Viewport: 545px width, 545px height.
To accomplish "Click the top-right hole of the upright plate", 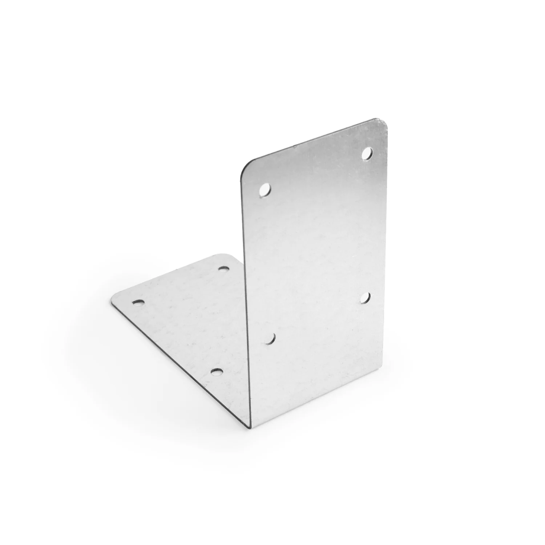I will [367, 153].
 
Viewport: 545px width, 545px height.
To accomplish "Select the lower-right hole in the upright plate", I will [366, 298].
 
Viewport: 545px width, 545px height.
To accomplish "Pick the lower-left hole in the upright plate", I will [269, 339].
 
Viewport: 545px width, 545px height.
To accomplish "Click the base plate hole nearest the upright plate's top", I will [224, 269].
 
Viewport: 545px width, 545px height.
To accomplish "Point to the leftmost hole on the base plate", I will [137, 302].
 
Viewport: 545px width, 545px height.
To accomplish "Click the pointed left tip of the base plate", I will [112, 301].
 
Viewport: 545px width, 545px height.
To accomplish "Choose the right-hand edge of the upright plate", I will [384, 254].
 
